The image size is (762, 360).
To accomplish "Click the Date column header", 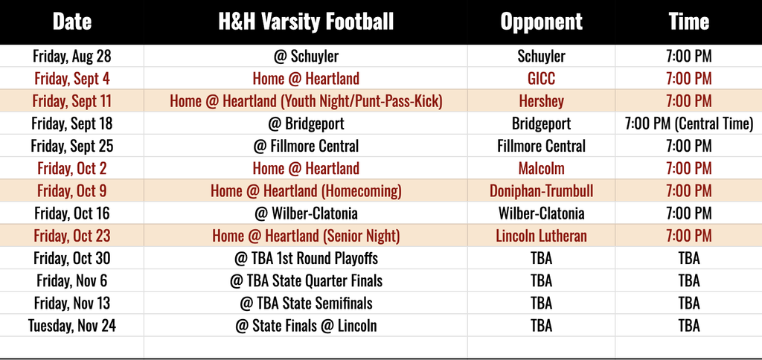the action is (x=72, y=22).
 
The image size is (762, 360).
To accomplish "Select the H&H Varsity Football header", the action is (x=306, y=22).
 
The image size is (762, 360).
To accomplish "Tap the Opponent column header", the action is (x=542, y=22).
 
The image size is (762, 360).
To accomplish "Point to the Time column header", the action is (x=688, y=22).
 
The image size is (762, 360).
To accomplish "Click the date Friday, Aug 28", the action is (x=72, y=57).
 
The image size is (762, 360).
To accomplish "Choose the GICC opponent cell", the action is (x=542, y=78).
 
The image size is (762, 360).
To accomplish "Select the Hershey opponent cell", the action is (x=542, y=101).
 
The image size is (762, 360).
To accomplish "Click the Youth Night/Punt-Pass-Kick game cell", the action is (x=306, y=101).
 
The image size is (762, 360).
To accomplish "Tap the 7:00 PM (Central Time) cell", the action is (x=688, y=123).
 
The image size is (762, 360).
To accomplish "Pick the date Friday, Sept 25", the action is (x=72, y=146).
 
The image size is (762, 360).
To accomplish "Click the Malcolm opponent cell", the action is (x=542, y=168).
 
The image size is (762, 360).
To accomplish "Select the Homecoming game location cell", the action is (x=306, y=191).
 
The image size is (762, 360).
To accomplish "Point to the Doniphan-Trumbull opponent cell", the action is (x=542, y=191).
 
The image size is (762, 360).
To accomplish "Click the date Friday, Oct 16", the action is (x=72, y=213).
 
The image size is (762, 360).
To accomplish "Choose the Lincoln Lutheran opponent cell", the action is (x=542, y=236).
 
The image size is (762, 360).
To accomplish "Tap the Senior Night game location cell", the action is (x=306, y=236).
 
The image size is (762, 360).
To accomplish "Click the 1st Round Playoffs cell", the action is (x=306, y=258).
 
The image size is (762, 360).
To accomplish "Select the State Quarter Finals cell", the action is (x=306, y=281).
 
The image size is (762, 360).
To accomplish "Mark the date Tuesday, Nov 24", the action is (x=72, y=326).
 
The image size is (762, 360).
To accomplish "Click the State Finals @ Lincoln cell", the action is (x=306, y=326).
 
